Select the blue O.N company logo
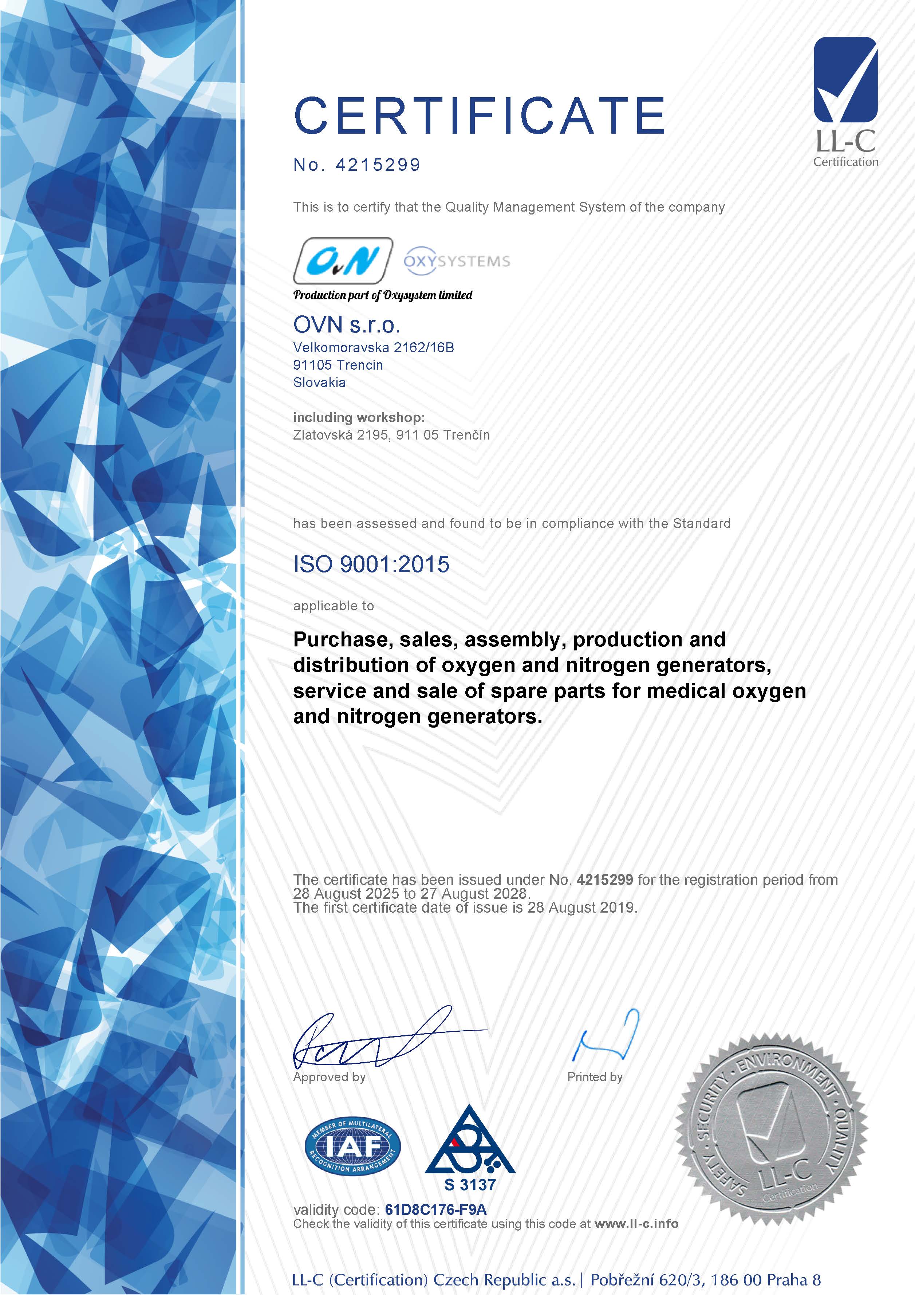[x=343, y=261]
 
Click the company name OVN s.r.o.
[x=347, y=324]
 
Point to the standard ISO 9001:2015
[x=371, y=564]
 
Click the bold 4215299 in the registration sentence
[x=605, y=879]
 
